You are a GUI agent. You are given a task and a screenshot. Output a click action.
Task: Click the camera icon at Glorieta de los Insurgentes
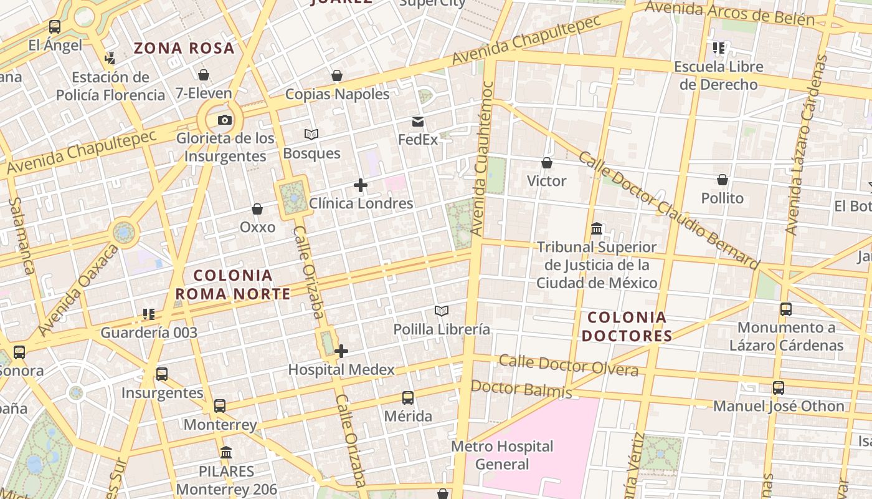click(224, 120)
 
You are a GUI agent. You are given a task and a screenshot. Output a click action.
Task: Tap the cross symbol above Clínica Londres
click(361, 185)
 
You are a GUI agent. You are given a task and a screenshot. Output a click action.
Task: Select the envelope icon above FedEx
click(418, 122)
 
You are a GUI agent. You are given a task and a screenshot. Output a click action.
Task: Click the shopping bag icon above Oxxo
click(257, 209)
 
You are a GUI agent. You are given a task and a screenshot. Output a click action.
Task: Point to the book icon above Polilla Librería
click(442, 311)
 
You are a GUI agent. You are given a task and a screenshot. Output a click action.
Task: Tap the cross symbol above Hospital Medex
click(341, 351)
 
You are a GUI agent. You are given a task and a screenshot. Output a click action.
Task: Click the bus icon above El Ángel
click(55, 27)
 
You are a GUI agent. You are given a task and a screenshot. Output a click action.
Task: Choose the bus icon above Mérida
click(408, 398)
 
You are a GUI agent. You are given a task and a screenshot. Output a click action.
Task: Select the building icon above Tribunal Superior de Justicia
click(597, 229)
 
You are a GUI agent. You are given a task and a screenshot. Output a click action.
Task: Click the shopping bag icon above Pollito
click(723, 180)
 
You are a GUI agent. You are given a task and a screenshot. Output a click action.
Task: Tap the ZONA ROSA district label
click(184, 48)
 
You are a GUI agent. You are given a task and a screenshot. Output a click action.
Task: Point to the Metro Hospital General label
click(502, 455)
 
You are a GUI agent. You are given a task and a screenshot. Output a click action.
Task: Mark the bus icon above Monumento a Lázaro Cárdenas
click(786, 309)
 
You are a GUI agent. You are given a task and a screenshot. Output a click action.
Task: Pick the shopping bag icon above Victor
click(547, 163)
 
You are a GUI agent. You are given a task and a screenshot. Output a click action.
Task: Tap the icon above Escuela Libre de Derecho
click(719, 48)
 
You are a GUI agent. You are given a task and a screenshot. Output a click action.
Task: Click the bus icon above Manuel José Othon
click(779, 388)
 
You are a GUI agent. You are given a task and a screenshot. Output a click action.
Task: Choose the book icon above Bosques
click(311, 134)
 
